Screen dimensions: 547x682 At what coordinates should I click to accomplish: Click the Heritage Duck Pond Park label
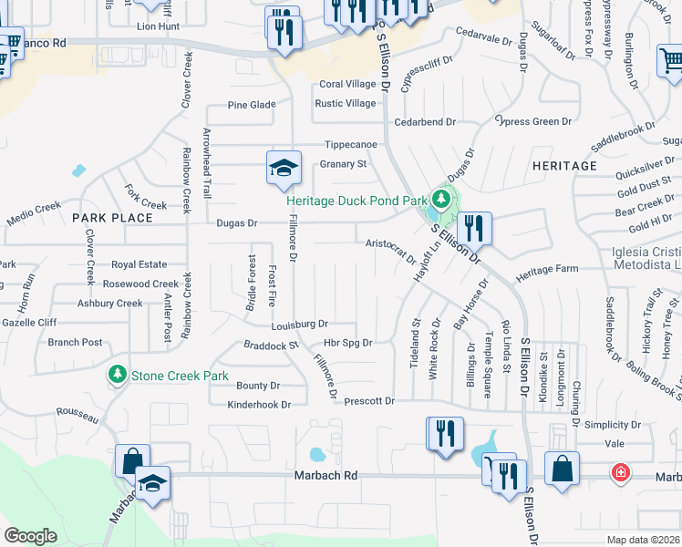click(x=356, y=201)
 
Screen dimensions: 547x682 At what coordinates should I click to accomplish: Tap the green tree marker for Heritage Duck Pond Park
click(x=441, y=199)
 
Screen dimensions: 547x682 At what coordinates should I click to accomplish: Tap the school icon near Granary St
click(x=283, y=168)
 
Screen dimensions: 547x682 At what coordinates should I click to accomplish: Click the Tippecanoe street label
click(x=352, y=145)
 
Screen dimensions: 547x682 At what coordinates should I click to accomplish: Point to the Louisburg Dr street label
click(x=299, y=325)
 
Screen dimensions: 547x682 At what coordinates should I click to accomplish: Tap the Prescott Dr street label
click(x=369, y=401)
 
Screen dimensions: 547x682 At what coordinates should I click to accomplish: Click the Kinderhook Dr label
click(x=259, y=405)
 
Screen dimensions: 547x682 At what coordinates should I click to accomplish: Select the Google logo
click(x=31, y=536)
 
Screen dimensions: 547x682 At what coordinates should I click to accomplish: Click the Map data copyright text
click(x=643, y=540)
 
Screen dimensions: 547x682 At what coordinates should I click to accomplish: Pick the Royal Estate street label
click(x=139, y=265)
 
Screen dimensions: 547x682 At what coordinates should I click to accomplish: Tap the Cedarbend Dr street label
click(x=425, y=122)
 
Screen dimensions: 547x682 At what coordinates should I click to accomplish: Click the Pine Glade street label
click(x=252, y=106)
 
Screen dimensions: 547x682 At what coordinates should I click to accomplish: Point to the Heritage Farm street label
click(x=547, y=270)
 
